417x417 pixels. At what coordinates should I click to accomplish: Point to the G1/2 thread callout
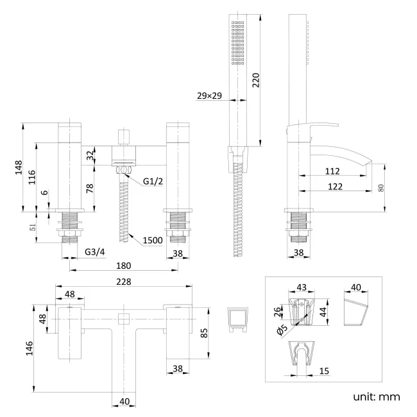154,182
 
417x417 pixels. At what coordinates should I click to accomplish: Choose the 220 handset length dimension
255,80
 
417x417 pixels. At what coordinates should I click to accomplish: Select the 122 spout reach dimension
334,186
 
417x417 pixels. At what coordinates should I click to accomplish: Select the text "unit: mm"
377,396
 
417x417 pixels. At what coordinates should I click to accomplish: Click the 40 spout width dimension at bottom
124,402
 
